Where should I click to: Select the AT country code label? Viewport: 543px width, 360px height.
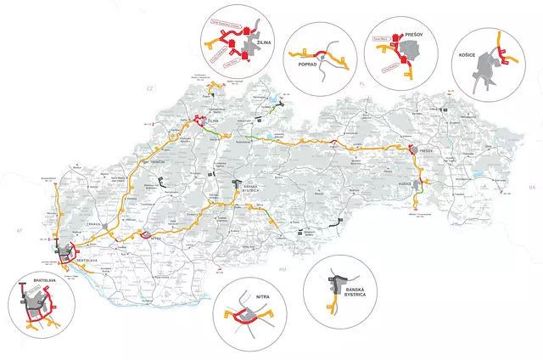click(x=16, y=230)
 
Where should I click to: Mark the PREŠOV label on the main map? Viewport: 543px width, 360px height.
click(x=425, y=151)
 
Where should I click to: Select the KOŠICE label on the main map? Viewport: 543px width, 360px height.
click(x=405, y=183)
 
